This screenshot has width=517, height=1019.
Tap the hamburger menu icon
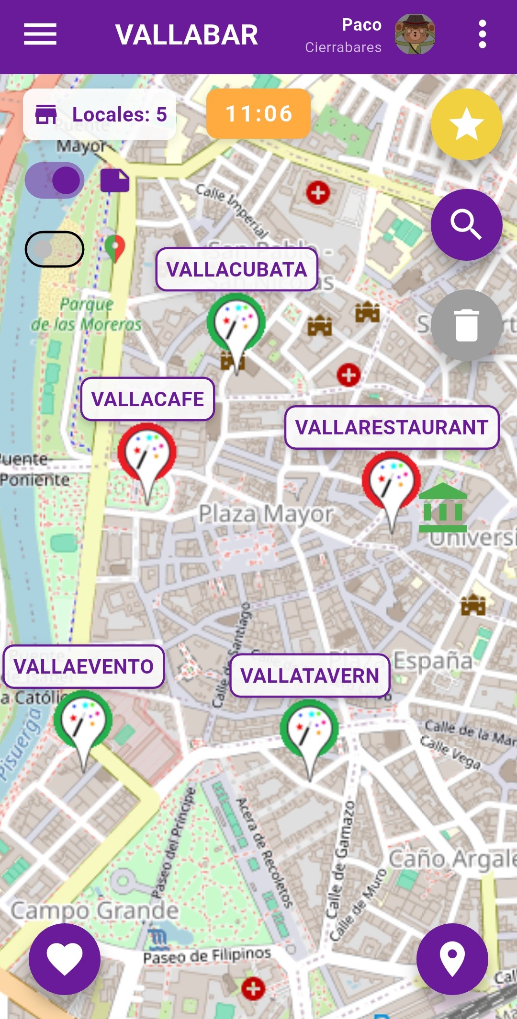pyautogui.click(x=40, y=34)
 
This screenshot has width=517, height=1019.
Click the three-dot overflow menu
pyautogui.click(x=482, y=34)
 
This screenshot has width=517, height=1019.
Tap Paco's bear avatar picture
pyautogui.click(x=415, y=34)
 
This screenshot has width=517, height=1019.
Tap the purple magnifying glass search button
pyautogui.click(x=466, y=225)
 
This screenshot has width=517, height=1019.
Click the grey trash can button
pyautogui.click(x=466, y=325)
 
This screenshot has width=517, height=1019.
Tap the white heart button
pyautogui.click(x=65, y=959)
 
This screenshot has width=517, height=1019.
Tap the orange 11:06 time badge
pyautogui.click(x=258, y=114)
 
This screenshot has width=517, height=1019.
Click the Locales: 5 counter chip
pyautogui.click(x=100, y=114)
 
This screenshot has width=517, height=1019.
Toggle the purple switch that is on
pyautogui.click(x=55, y=180)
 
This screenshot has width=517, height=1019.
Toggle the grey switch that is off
pyautogui.click(x=55, y=249)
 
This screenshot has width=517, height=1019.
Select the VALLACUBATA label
pyautogui.click(x=236, y=269)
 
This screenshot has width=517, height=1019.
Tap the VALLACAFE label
pyautogui.click(x=147, y=399)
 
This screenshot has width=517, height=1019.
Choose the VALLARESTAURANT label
pyautogui.click(x=392, y=427)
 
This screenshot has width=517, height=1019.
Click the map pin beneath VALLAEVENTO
pyautogui.click(x=83, y=722)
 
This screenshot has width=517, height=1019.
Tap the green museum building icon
pyautogui.click(x=443, y=508)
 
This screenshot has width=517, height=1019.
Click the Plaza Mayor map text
pyautogui.click(x=266, y=514)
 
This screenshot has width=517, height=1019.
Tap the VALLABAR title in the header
pyautogui.click(x=187, y=35)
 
